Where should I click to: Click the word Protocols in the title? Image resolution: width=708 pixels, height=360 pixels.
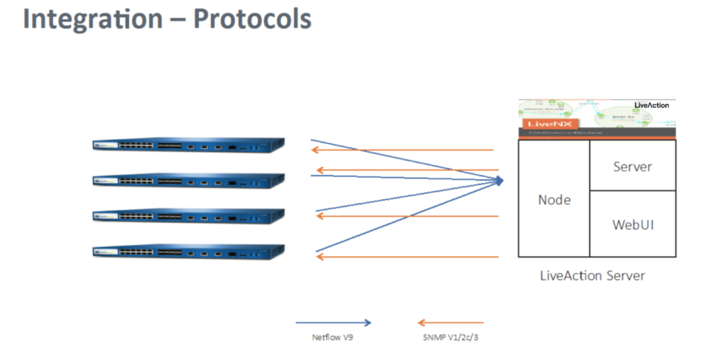pos(251,20)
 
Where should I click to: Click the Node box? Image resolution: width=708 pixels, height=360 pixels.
pos(554,199)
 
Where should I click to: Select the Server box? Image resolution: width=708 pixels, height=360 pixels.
pos(633,166)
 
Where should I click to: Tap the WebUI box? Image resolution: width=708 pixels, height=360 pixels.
pos(633,224)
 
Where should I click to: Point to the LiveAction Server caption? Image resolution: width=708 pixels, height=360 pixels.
pos(592,276)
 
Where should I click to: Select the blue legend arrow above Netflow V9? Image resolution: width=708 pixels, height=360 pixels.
pos(333,322)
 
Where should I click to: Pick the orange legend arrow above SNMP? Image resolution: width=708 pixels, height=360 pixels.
pos(450,322)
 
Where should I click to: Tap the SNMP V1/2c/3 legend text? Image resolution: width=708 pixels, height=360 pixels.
pos(449,338)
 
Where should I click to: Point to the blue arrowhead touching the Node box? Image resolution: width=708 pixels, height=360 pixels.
pos(499,180)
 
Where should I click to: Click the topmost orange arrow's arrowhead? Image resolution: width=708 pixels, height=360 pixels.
pos(315,150)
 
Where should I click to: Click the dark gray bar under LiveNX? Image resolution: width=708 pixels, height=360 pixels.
pos(597,133)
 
